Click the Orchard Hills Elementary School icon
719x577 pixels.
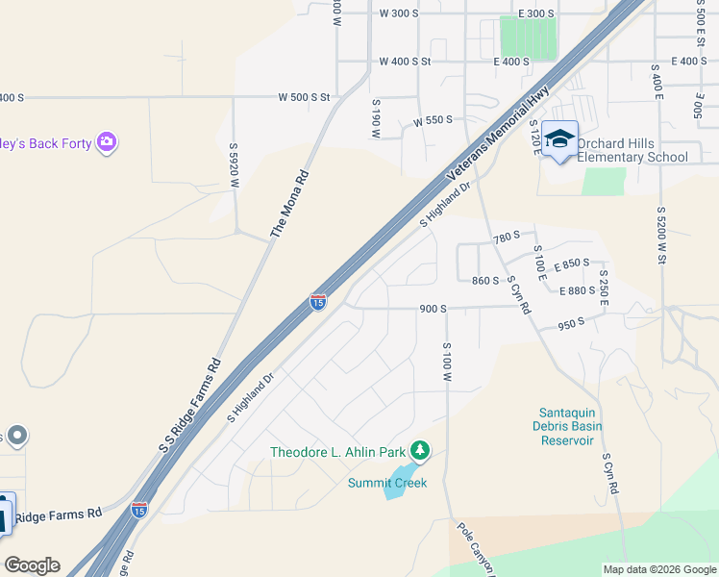coord(559,140)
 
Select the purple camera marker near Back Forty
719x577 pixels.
coord(107,143)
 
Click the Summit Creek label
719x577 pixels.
coord(386,483)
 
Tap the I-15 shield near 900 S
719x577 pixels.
coord(318,302)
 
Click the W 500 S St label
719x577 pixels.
coord(304,97)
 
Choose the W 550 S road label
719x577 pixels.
coord(433,122)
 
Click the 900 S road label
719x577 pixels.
coord(433,309)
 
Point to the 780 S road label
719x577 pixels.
coord(506,237)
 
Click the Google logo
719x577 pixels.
coord(32,565)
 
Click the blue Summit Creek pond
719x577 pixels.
coord(394,489)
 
